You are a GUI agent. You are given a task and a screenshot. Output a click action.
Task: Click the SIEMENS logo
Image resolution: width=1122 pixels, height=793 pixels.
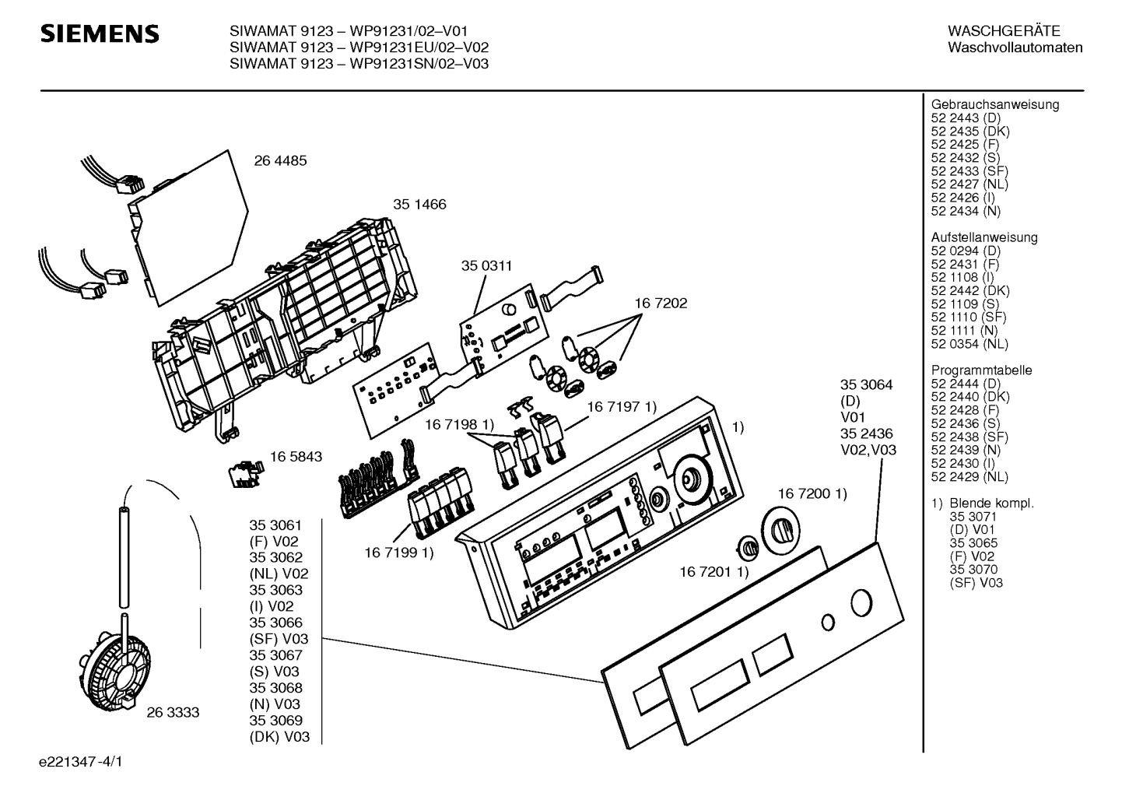point(100,34)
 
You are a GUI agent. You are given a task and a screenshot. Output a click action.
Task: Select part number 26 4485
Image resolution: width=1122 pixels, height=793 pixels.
point(280,161)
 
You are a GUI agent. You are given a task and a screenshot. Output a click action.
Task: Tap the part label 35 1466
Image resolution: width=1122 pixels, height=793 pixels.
point(419,205)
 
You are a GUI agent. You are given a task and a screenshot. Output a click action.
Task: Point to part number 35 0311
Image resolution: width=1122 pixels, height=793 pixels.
point(486,265)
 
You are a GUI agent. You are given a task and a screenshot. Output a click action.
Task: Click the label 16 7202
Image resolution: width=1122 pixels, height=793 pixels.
point(661,303)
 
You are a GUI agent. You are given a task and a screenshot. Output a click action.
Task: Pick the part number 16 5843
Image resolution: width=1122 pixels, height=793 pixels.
point(296,457)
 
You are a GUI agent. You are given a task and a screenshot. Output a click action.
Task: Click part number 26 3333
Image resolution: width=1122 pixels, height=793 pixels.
point(173,712)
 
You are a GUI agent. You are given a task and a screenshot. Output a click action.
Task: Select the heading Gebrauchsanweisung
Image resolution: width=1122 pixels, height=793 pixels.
point(994,105)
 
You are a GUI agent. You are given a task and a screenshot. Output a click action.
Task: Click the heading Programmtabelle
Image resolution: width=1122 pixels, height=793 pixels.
point(981,370)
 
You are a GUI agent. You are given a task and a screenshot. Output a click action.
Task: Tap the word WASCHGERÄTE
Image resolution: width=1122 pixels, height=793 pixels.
point(1004,31)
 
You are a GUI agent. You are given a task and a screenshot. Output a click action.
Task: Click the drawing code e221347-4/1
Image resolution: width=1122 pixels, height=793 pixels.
point(81,762)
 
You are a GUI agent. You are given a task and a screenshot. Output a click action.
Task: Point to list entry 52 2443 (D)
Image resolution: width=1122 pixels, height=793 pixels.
point(966,118)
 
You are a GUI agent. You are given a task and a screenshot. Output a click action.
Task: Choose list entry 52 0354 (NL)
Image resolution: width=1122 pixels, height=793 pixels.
point(969,344)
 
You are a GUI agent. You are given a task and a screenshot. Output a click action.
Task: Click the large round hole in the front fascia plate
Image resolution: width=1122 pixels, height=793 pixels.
point(861,603)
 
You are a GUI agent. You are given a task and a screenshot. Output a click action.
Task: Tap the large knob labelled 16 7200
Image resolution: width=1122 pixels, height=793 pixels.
point(780,531)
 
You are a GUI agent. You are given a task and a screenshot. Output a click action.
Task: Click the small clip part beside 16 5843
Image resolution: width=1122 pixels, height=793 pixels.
point(245,475)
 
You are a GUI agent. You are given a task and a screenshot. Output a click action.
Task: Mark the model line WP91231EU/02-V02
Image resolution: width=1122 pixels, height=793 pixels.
point(359,47)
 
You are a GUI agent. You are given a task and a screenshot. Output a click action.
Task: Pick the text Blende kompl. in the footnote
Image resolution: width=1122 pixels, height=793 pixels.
point(992,504)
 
